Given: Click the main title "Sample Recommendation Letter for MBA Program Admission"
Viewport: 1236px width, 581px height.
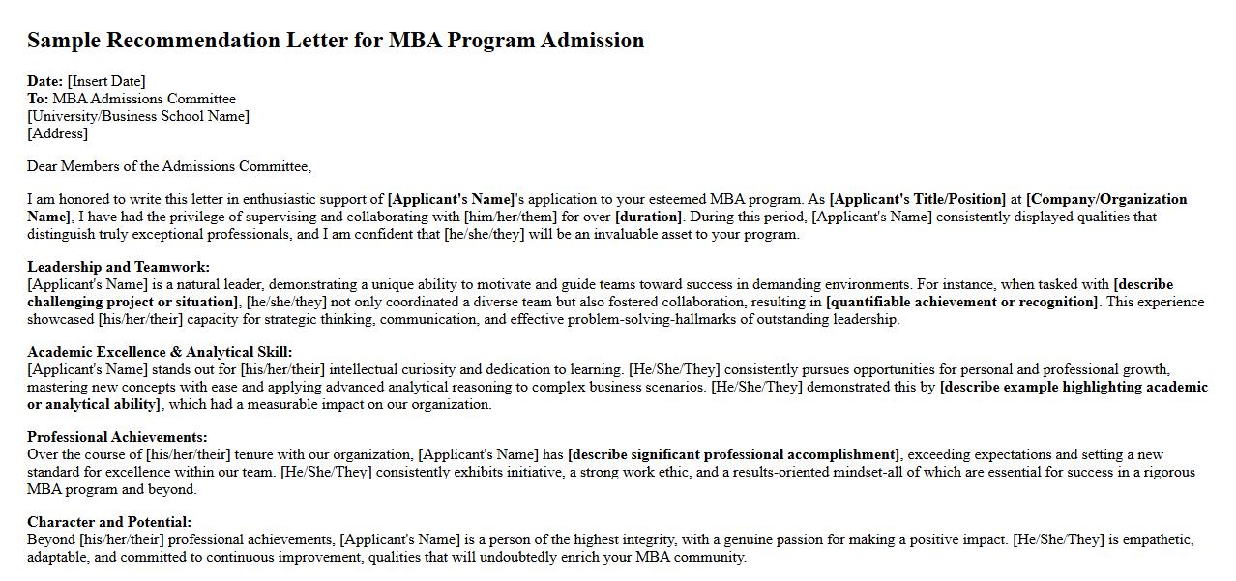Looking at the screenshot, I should pyautogui.click(x=336, y=41).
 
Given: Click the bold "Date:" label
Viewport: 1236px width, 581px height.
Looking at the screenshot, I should pyautogui.click(x=45, y=81).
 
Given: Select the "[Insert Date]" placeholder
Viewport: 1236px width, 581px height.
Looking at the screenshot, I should pyautogui.click(x=106, y=81).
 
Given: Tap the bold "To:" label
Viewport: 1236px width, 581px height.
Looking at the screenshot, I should pyautogui.click(x=38, y=99).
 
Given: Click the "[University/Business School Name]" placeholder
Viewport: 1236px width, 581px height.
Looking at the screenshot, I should pyautogui.click(x=138, y=116).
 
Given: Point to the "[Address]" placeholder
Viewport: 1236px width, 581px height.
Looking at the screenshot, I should pyautogui.click(x=57, y=133).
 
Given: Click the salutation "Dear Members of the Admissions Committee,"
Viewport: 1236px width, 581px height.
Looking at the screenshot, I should pyautogui.click(x=169, y=166).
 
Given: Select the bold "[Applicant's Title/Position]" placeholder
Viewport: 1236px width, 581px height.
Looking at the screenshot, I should pyautogui.click(x=918, y=199).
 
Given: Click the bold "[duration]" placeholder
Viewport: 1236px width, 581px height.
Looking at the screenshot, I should pyautogui.click(x=648, y=217).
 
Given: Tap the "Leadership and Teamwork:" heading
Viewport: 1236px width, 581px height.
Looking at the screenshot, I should pyautogui.click(x=118, y=267).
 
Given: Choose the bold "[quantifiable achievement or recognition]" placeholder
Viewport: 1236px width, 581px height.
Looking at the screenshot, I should pyautogui.click(x=962, y=302).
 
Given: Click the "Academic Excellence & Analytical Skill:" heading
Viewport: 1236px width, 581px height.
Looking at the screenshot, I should pyautogui.click(x=160, y=352).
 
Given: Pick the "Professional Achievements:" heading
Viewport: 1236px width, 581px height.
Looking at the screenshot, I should pyautogui.click(x=117, y=437).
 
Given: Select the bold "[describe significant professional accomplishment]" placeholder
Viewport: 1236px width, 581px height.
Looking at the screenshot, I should pyautogui.click(x=734, y=454).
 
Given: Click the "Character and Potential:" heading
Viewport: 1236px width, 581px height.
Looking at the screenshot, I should pyautogui.click(x=109, y=522).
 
